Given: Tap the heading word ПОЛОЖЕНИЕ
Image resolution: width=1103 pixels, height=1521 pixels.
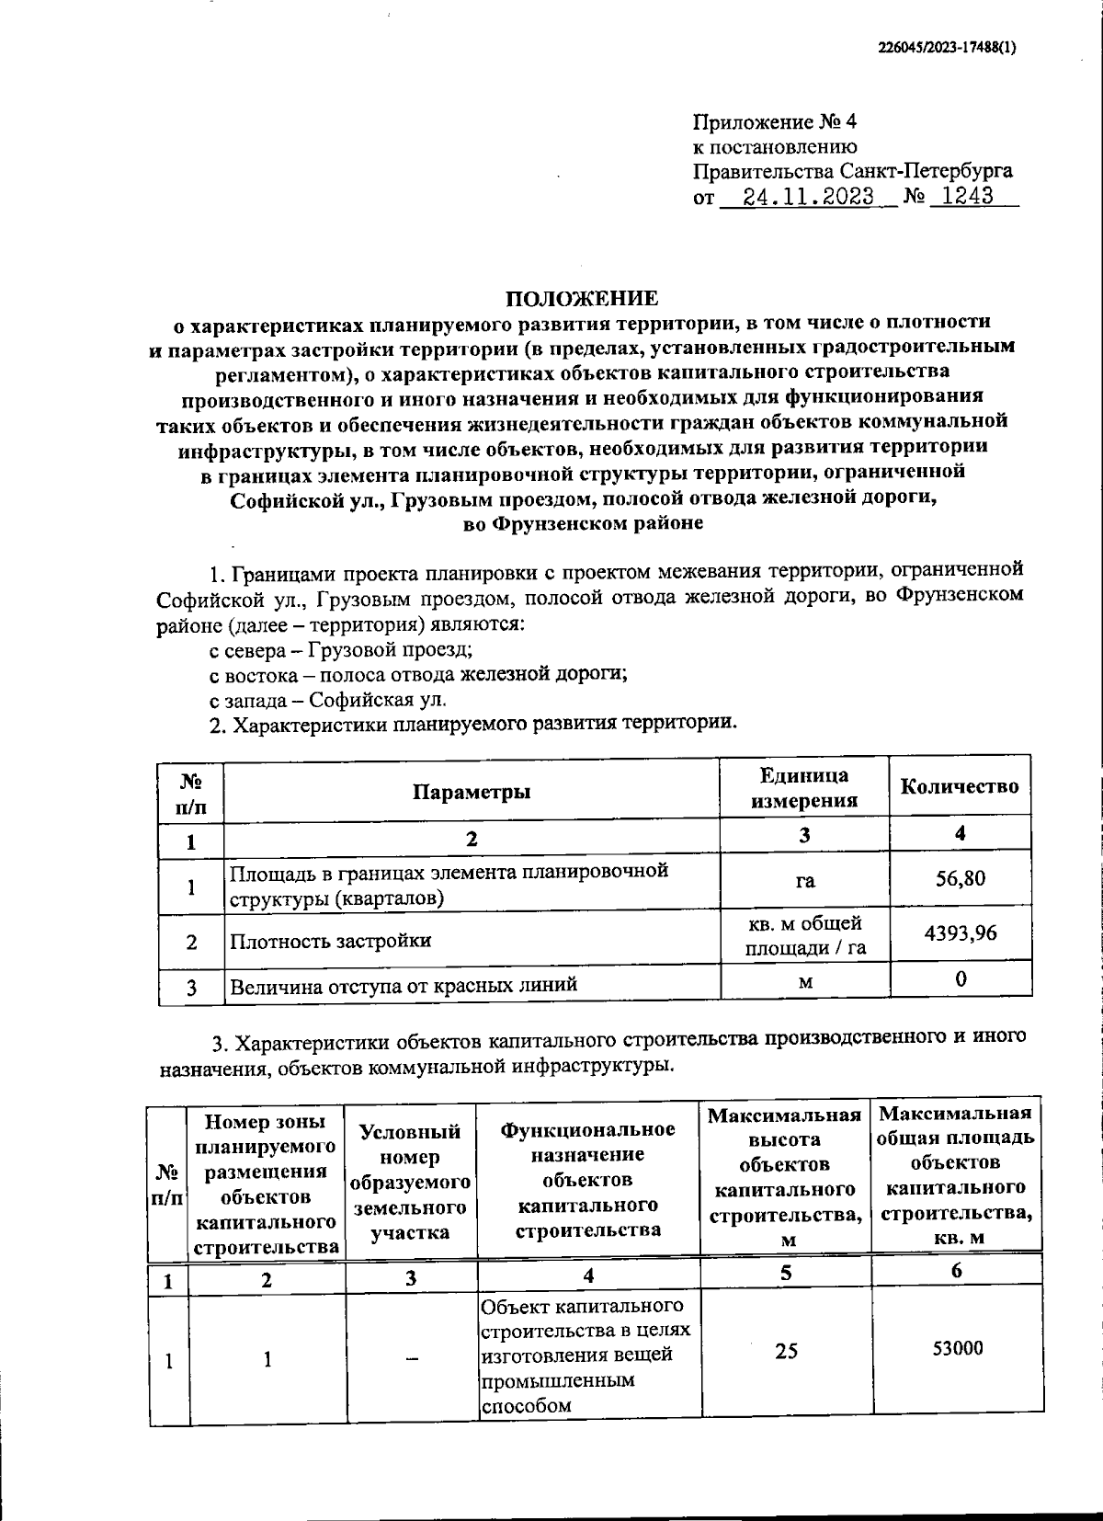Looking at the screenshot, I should [x=584, y=298].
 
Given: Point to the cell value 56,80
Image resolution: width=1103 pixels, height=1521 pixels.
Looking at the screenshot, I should [x=960, y=878].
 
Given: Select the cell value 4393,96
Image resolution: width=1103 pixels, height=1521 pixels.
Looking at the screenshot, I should [x=960, y=933].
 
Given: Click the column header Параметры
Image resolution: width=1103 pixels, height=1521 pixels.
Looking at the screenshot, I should [x=471, y=792].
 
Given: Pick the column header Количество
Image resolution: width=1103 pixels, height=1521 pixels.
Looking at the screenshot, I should [x=960, y=787].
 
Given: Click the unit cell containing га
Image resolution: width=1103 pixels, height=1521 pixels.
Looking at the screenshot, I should [x=804, y=880].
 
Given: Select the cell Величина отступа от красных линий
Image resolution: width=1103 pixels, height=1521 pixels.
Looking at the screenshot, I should [x=403, y=985].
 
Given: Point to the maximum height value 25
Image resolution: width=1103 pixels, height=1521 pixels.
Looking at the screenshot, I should [x=786, y=1350].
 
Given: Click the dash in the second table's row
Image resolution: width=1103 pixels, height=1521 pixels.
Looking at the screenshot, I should [x=411, y=1358].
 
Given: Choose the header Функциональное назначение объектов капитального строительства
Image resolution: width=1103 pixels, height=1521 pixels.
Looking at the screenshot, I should [x=588, y=1179].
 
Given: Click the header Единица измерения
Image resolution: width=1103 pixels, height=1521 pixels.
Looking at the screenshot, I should [x=804, y=788].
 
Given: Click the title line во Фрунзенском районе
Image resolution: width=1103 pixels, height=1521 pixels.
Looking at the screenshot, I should [x=583, y=523].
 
